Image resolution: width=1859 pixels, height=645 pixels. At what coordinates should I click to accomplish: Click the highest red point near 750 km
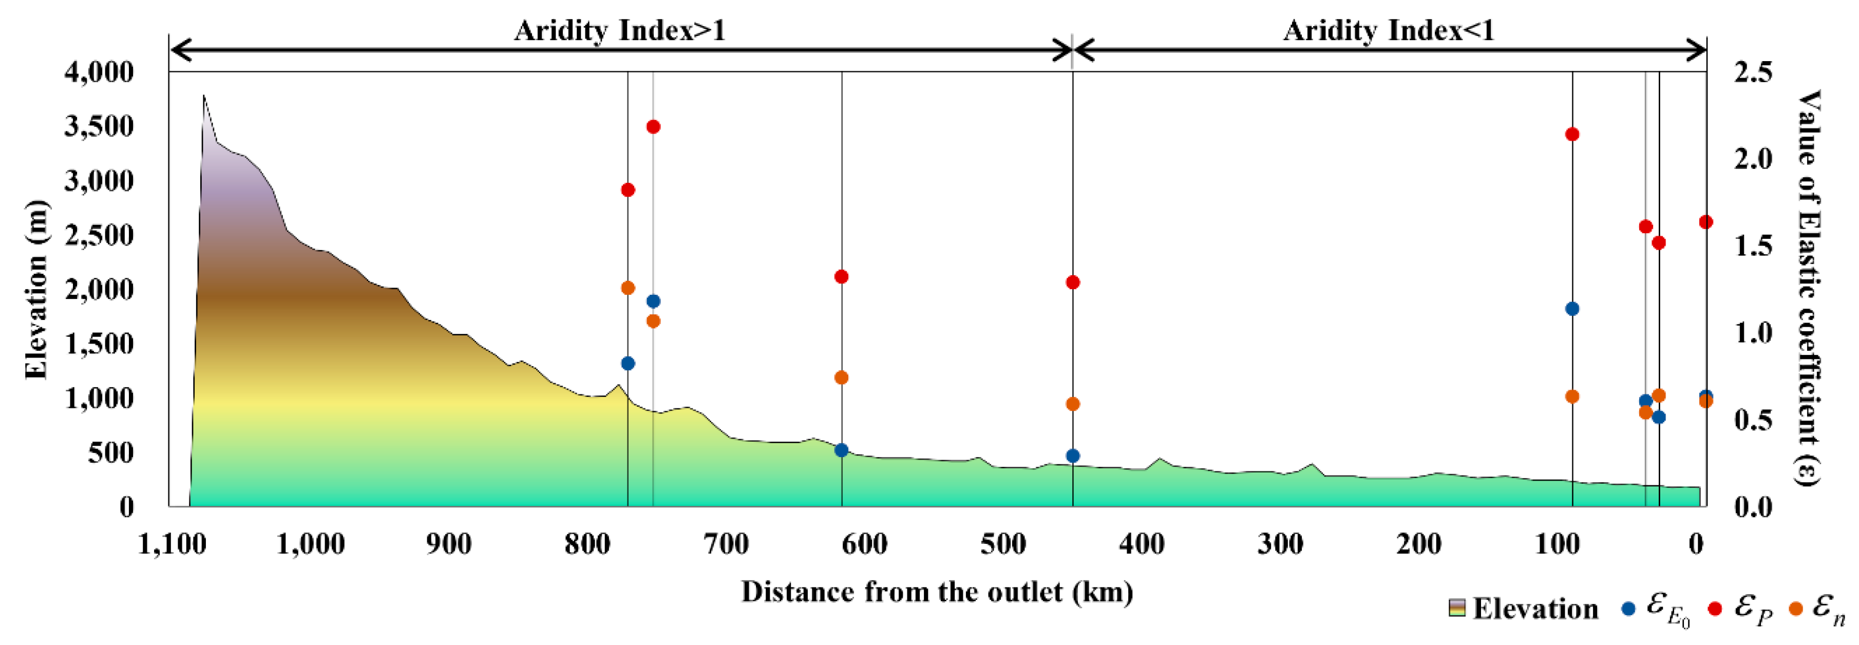pyautogui.click(x=653, y=127)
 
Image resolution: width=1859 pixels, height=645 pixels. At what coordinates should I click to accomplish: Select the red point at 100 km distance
pyautogui.click(x=1572, y=134)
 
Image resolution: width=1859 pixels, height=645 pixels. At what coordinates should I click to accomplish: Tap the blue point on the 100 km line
pyautogui.click(x=1572, y=309)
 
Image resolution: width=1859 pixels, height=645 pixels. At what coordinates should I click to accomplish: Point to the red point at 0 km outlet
pyautogui.click(x=1706, y=222)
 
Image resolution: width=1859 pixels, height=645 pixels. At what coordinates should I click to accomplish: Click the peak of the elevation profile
pyautogui.click(x=203, y=95)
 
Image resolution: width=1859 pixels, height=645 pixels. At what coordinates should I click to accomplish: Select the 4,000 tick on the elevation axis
pyautogui.click(x=100, y=72)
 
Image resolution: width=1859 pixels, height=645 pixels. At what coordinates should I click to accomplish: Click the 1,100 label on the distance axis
pyautogui.click(x=172, y=544)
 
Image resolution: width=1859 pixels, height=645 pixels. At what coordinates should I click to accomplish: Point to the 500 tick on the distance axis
pyautogui.click(x=1003, y=544)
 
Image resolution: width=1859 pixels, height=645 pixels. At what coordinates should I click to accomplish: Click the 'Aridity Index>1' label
pyautogui.click(x=619, y=30)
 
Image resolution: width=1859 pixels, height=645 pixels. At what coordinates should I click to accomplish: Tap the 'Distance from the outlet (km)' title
pyautogui.click(x=937, y=592)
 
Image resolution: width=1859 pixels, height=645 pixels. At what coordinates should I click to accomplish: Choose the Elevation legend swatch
pyautogui.click(x=1457, y=608)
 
